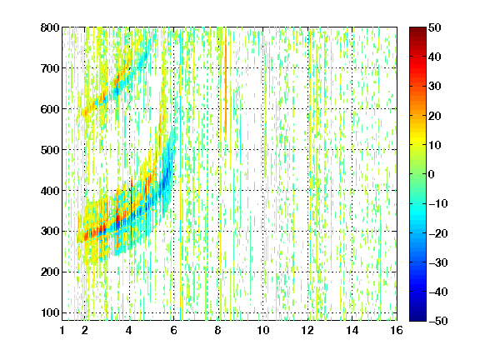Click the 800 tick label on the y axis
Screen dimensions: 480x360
(x=50, y=27)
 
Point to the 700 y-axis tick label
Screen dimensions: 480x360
(x=50, y=68)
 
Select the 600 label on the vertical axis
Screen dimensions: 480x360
(x=50, y=109)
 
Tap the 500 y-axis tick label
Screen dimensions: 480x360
(x=50, y=150)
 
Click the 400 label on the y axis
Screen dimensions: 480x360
(x=50, y=191)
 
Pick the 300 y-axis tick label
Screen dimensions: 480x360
(x=50, y=232)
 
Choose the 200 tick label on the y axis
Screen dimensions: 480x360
(x=50, y=272)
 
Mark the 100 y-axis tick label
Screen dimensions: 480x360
(x=50, y=312)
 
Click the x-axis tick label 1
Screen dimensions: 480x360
(x=62, y=330)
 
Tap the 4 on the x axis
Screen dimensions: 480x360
(x=129, y=330)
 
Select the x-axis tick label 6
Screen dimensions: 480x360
(x=173, y=330)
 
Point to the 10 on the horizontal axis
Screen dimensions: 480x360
(x=262, y=330)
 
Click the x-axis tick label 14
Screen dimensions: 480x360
(x=352, y=330)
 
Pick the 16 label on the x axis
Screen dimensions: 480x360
(x=397, y=330)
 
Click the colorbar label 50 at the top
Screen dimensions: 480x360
(x=434, y=27)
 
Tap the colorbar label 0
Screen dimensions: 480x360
(x=431, y=174)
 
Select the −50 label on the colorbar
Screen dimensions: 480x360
(x=438, y=321)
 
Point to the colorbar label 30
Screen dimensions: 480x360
(x=434, y=87)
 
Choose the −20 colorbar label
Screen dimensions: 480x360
(x=438, y=233)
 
